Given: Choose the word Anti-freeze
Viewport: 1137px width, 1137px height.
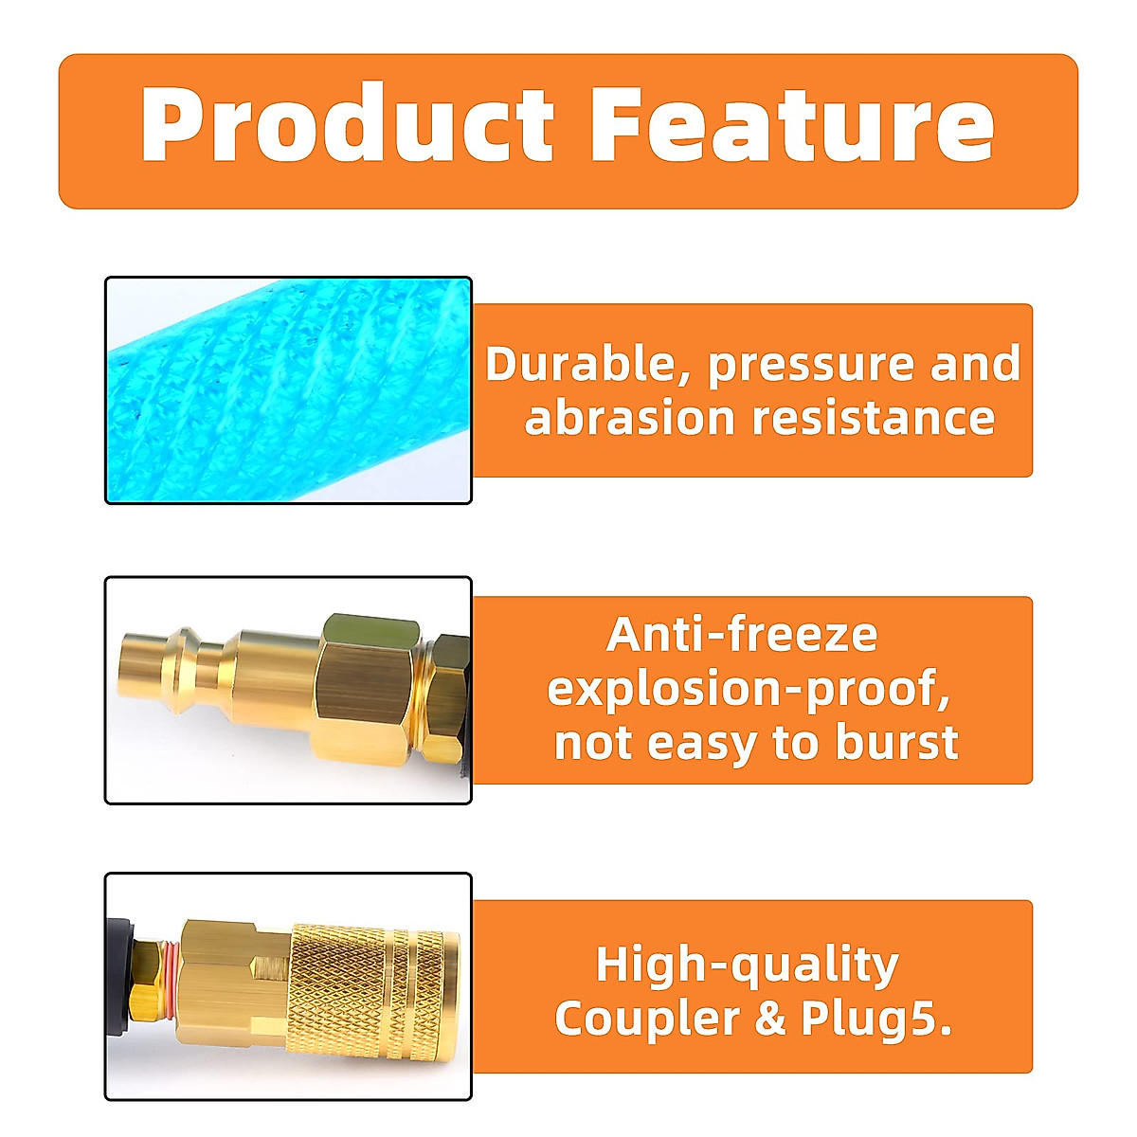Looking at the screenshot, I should pos(743,635).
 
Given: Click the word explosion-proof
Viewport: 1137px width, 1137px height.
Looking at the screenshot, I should pos(749,690).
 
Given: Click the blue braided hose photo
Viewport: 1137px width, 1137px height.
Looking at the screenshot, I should pos(288,390).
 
